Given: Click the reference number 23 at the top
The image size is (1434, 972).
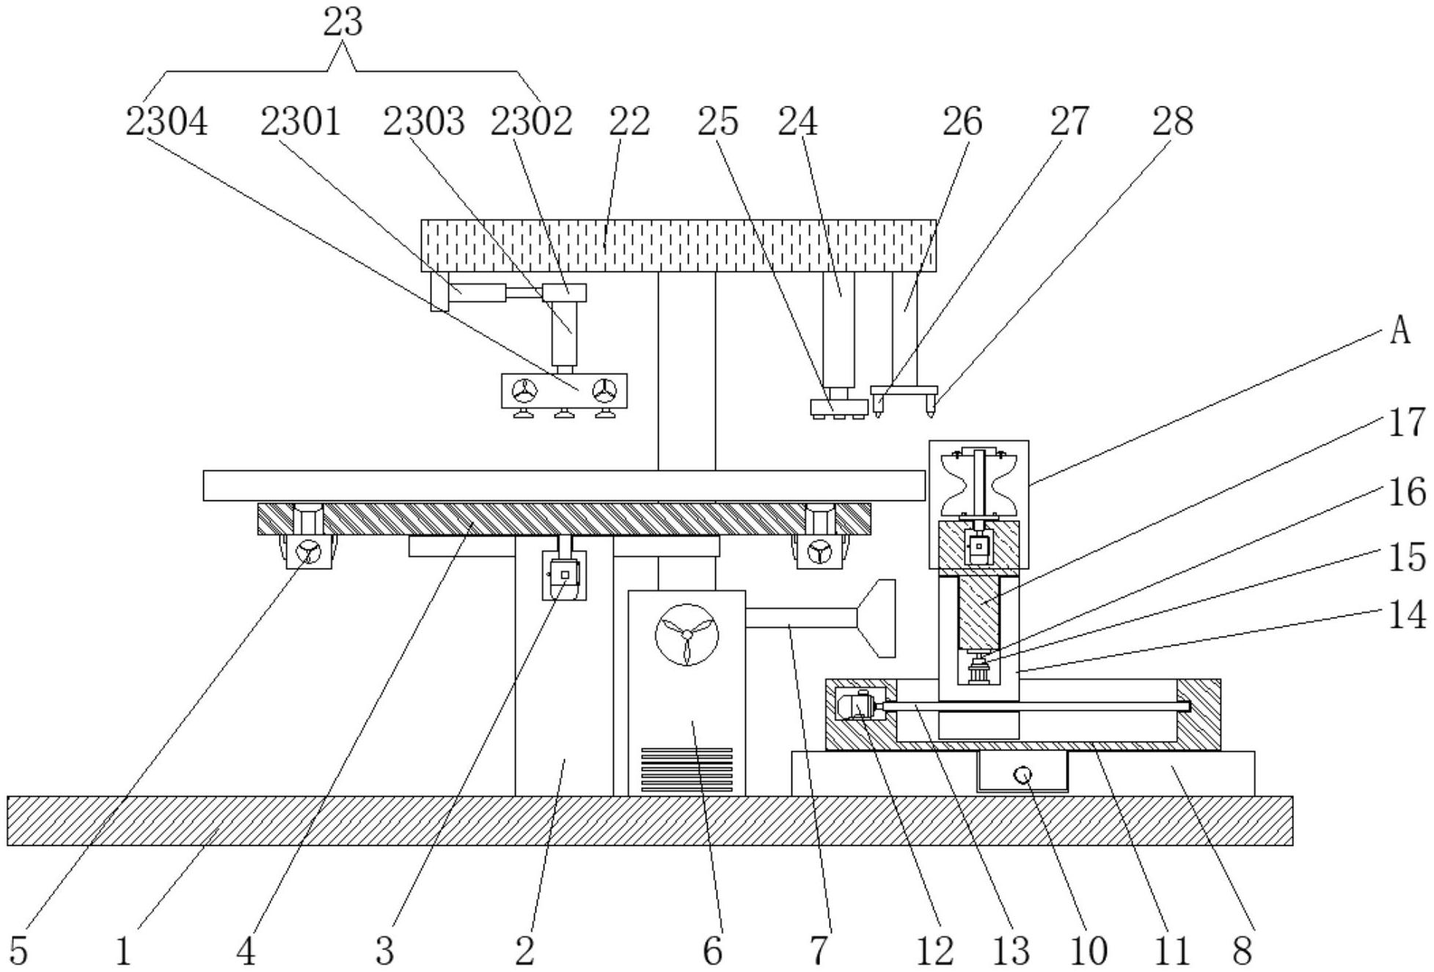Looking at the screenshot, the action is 343,22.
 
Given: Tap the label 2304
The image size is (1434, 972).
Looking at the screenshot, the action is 167,121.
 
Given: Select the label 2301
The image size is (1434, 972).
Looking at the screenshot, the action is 301,121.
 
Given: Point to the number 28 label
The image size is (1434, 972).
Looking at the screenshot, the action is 1172,121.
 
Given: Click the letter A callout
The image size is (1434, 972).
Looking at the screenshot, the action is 1400,331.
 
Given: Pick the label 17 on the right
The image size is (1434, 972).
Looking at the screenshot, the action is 1407,423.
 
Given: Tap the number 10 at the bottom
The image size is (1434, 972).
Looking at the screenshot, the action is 1089,951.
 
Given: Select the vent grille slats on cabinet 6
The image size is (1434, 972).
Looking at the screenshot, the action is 687,770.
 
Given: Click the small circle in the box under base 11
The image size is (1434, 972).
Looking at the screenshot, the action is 1023,775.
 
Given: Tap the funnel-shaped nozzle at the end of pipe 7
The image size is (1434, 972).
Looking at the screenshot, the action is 877,618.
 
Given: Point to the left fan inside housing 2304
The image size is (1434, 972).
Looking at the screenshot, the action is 524,391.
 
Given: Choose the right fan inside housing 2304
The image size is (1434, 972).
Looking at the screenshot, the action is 604,391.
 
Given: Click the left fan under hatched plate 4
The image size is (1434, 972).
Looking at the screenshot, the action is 309,552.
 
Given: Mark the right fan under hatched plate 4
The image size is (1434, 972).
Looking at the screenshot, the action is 819,552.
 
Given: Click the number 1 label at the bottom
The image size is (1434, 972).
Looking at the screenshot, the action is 124,951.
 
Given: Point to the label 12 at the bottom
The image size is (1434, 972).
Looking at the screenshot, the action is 935,951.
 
